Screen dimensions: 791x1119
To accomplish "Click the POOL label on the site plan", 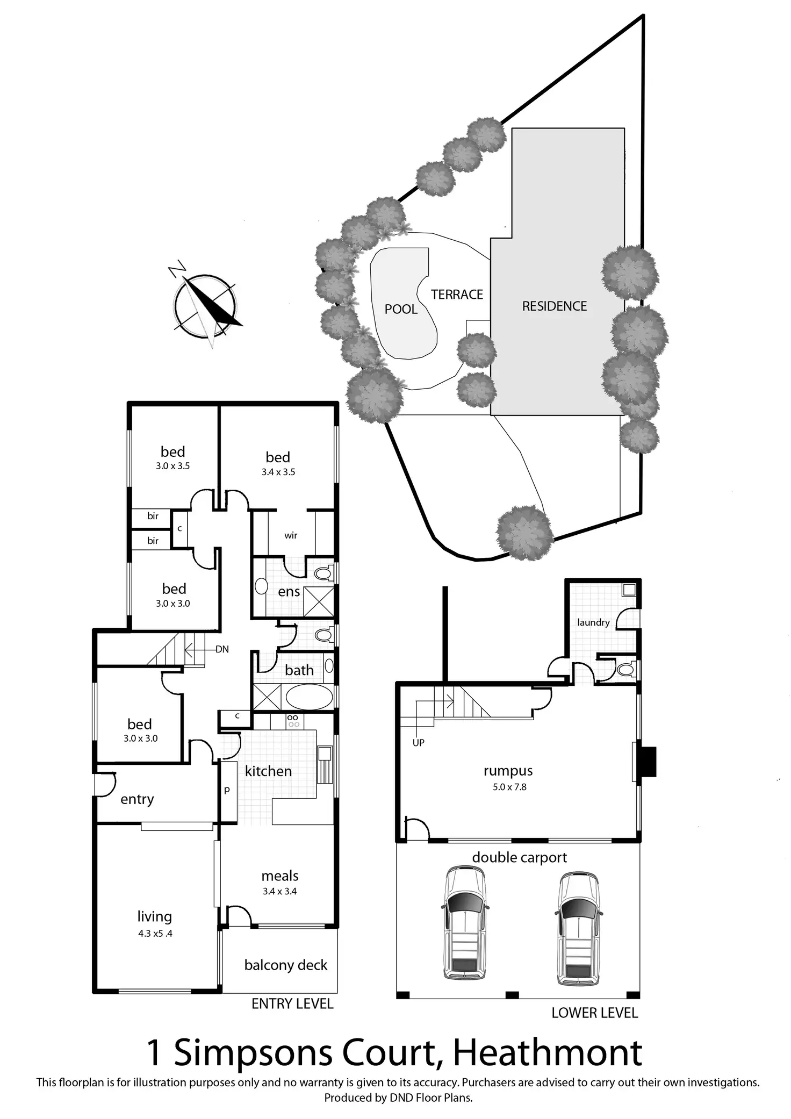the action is [401, 309].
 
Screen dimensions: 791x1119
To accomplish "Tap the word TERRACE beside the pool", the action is [457, 295].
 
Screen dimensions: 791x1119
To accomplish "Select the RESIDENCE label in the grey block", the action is [554, 306].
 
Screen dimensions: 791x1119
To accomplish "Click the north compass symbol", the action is [205, 305].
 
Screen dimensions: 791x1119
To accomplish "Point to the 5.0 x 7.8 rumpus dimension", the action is [509, 787].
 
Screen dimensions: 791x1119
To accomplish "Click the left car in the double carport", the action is [465, 922].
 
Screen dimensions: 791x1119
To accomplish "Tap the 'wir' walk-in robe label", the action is [291, 535].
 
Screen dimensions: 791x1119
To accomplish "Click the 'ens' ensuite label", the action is [289, 592].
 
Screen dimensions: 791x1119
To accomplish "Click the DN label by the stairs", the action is [222, 649].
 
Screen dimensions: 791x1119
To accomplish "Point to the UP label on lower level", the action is [418, 742].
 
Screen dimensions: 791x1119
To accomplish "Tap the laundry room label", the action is [593, 622].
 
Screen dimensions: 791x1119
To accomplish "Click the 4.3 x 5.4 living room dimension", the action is [155, 934].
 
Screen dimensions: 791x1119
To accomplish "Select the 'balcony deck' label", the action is [285, 965].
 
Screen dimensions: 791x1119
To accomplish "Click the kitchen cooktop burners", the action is [293, 721].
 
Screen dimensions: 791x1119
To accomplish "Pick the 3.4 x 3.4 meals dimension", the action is [279, 891].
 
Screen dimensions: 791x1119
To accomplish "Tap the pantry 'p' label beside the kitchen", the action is [227, 790].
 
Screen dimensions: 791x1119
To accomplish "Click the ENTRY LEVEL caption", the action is [292, 1003].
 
